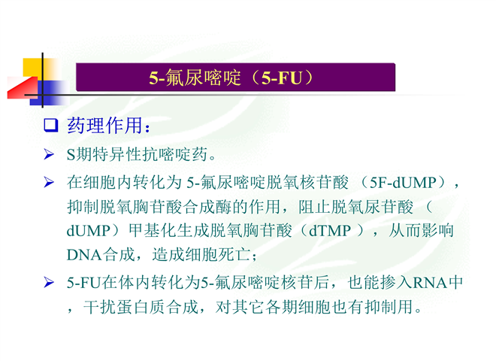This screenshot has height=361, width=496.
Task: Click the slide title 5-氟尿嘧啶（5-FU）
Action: pos(231,77)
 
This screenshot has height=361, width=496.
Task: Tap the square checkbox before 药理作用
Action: pos(51,126)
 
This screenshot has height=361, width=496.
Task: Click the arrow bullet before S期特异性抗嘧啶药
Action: pos(49,154)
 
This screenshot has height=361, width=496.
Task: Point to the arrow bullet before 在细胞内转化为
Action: pos(49,183)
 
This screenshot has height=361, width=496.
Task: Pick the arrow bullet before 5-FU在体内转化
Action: pos(49,282)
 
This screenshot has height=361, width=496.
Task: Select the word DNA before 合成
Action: pos(84,255)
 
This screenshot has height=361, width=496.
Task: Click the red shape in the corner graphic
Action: pos(22,88)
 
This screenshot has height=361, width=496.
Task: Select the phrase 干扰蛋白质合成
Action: pos(141,307)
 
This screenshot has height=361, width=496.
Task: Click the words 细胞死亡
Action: pos(218,255)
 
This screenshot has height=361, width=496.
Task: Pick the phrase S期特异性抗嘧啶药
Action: pos(137,154)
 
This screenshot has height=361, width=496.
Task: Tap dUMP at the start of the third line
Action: pos(88,231)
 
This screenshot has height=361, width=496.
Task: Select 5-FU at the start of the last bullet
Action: pos(83,283)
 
